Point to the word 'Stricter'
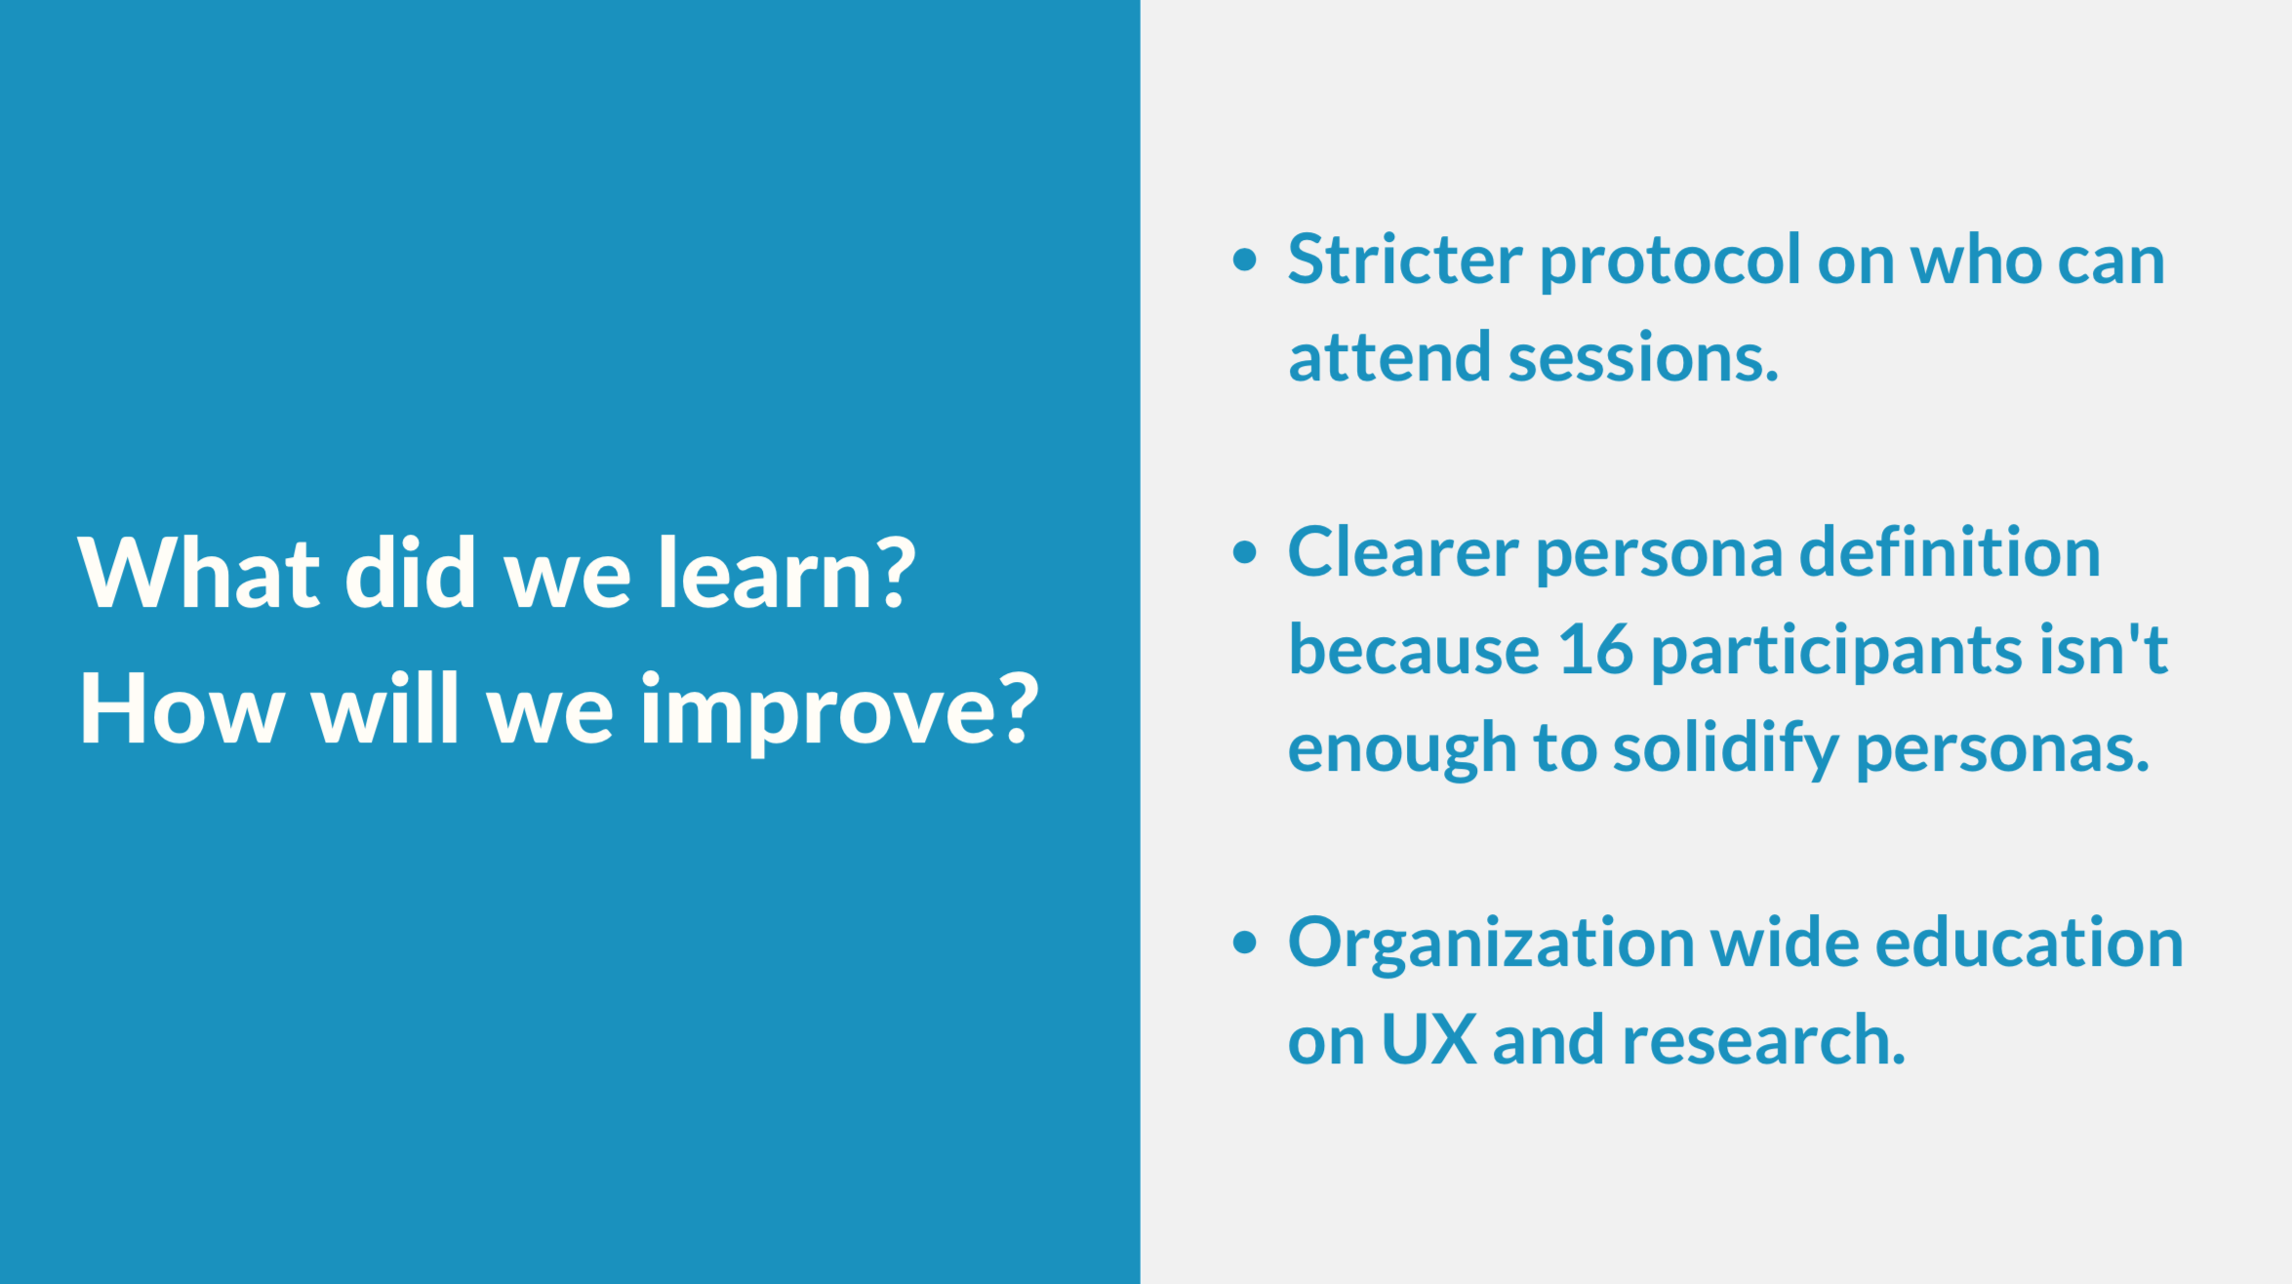click(1405, 260)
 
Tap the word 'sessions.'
click(1644, 358)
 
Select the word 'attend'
click(1389, 357)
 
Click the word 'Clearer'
click(1403, 552)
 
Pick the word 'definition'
click(1950, 552)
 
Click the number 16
click(1595, 650)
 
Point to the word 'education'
click(2030, 943)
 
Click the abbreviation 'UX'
click(1429, 1040)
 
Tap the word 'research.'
click(1763, 1040)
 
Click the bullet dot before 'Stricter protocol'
click(1244, 260)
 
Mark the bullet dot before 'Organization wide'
click(1244, 943)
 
